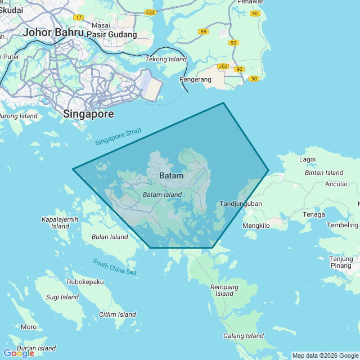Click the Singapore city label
pyautogui.click(x=88, y=114)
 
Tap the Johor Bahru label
pyautogui.click(x=53, y=32)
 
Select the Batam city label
pyautogui.click(x=171, y=175)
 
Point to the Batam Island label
pyautogui.click(x=162, y=195)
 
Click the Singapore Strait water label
pyautogui.click(x=118, y=136)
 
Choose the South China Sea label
pyautogui.click(x=115, y=267)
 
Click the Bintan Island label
pyautogui.click(x=323, y=173)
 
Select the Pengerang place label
pyautogui.click(x=195, y=79)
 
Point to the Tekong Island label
pyautogui.click(x=166, y=59)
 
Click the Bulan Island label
pyautogui.click(x=110, y=237)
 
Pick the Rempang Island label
pyautogui.click(x=224, y=290)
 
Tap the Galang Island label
pyautogui.click(x=243, y=336)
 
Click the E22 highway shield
pyautogui.click(x=150, y=12)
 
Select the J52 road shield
pyautogui.click(x=223, y=66)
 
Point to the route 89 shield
pyautogui.click(x=203, y=31)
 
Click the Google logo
pyautogui.click(x=19, y=353)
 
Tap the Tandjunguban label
pyautogui.click(x=241, y=204)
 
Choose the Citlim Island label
pyautogui.click(x=117, y=314)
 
